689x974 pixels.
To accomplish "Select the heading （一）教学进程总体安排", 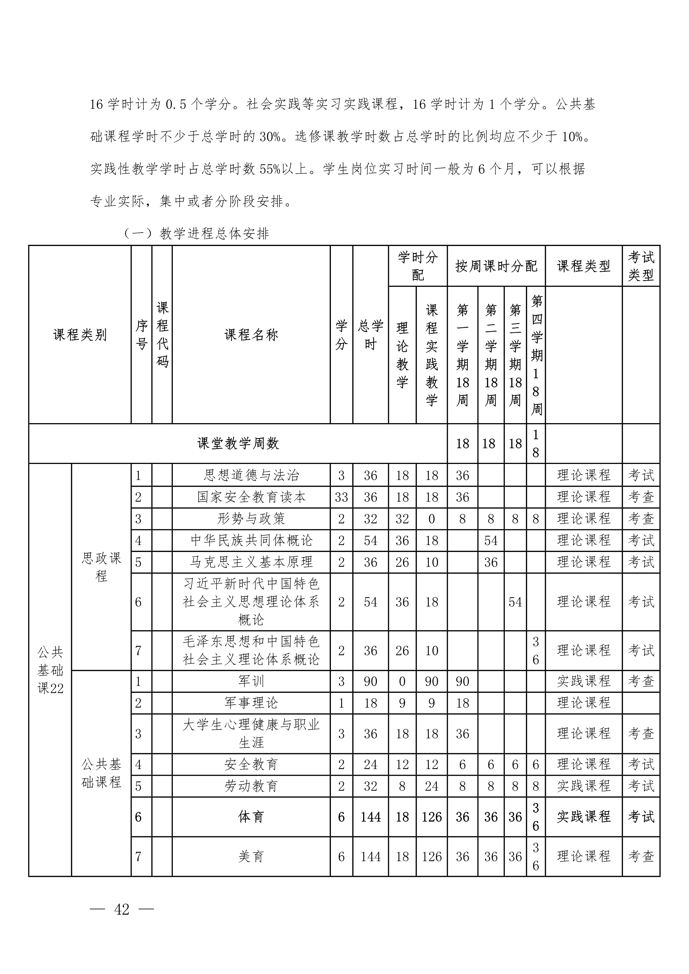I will click(196, 234).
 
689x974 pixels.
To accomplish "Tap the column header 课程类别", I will click(80, 335).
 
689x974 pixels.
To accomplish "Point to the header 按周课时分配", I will click(496, 266).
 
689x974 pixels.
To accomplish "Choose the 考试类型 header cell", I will click(641, 266).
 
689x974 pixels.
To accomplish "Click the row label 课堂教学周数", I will click(238, 443).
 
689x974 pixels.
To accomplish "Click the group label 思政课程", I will click(101, 567).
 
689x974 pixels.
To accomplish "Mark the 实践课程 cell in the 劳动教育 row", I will click(583, 786).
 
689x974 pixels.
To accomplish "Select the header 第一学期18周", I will click(462, 355).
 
